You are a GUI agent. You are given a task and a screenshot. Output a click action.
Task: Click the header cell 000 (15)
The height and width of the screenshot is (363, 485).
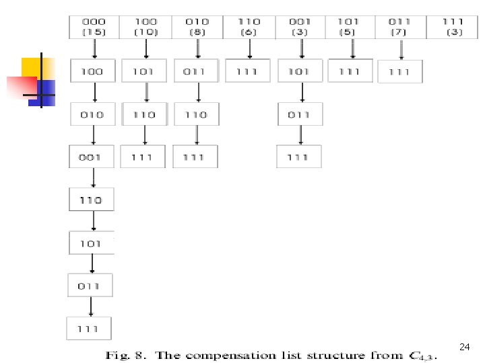click(x=94, y=27)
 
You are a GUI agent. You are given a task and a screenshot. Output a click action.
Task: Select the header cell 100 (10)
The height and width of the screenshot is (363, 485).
click(x=145, y=27)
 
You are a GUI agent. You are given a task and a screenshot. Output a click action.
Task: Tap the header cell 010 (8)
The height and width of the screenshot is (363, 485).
click(x=197, y=27)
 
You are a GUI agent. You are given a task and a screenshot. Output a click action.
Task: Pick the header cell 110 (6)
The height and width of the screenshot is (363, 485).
click(x=249, y=27)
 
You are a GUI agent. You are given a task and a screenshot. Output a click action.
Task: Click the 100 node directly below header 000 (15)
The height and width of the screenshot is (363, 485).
click(x=93, y=71)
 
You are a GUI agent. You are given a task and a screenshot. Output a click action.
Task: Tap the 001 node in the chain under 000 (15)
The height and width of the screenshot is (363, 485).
click(x=92, y=157)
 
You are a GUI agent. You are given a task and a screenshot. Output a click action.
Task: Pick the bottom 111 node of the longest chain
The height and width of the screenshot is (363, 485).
click(x=89, y=329)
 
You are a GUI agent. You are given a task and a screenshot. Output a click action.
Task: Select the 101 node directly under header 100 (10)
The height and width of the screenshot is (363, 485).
click(x=145, y=71)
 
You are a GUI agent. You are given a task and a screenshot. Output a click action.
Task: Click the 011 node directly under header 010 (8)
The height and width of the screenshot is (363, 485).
click(x=196, y=71)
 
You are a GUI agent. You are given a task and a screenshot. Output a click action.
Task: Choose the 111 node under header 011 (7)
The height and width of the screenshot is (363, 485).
click(x=400, y=72)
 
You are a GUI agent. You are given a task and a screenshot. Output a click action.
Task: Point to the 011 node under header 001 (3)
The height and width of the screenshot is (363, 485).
click(x=300, y=115)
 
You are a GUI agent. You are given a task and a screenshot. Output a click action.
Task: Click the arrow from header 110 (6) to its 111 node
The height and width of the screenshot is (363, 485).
click(x=249, y=48)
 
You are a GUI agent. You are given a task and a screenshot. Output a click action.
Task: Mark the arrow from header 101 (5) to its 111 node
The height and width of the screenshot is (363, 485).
click(x=352, y=48)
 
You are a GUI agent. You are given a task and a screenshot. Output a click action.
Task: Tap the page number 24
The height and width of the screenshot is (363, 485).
click(x=464, y=347)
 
